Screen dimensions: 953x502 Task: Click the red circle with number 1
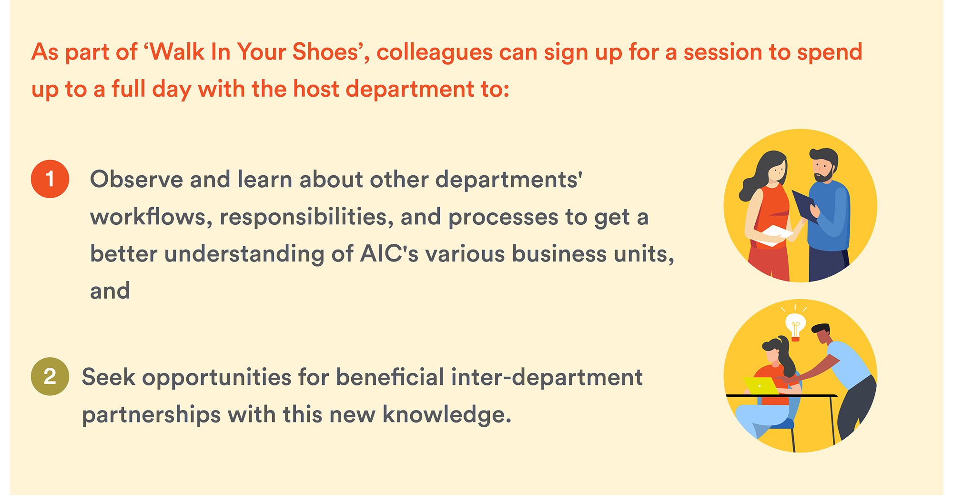(x=50, y=179)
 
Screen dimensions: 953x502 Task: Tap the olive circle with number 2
(x=50, y=376)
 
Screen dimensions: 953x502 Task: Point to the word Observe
(x=137, y=180)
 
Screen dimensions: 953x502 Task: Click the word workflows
(x=151, y=217)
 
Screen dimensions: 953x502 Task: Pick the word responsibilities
(x=306, y=218)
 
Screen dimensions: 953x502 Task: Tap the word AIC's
(x=389, y=253)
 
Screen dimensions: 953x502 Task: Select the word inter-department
(x=547, y=378)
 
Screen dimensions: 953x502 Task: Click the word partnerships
(x=151, y=415)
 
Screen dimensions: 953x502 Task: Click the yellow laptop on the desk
(x=761, y=386)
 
